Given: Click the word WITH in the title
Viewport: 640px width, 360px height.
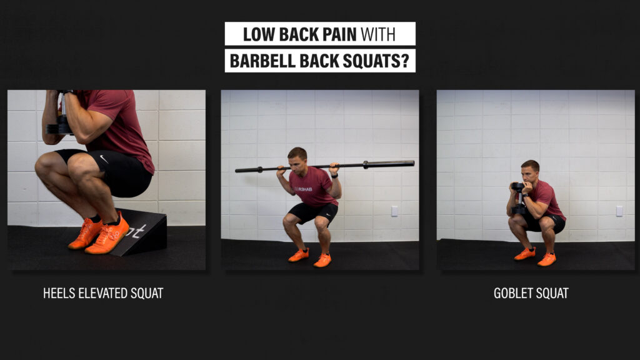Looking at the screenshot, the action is pos(378,35).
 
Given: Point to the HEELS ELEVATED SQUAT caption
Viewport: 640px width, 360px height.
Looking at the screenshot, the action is pos(103,293).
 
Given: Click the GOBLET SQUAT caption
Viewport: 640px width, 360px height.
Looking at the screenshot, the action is pos(531,293).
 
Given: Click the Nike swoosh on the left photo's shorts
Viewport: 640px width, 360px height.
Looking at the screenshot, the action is pos(104,159).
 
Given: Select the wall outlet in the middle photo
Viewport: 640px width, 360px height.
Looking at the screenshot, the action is pos(394,211).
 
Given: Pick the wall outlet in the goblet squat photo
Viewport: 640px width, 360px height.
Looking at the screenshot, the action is pos(619,211).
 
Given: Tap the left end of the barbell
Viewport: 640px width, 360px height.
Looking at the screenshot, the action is pos(236,170).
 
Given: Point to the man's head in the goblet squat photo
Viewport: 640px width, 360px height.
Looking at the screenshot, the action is pos(530,171).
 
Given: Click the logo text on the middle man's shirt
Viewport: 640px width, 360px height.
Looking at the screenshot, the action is pos(303,189).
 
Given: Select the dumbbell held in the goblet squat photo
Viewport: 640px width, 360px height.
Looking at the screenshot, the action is pos(518,198).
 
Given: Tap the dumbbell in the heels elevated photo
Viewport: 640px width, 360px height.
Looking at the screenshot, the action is pos(61,118).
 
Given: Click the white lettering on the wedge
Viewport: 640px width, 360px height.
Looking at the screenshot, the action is pos(136,231).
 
